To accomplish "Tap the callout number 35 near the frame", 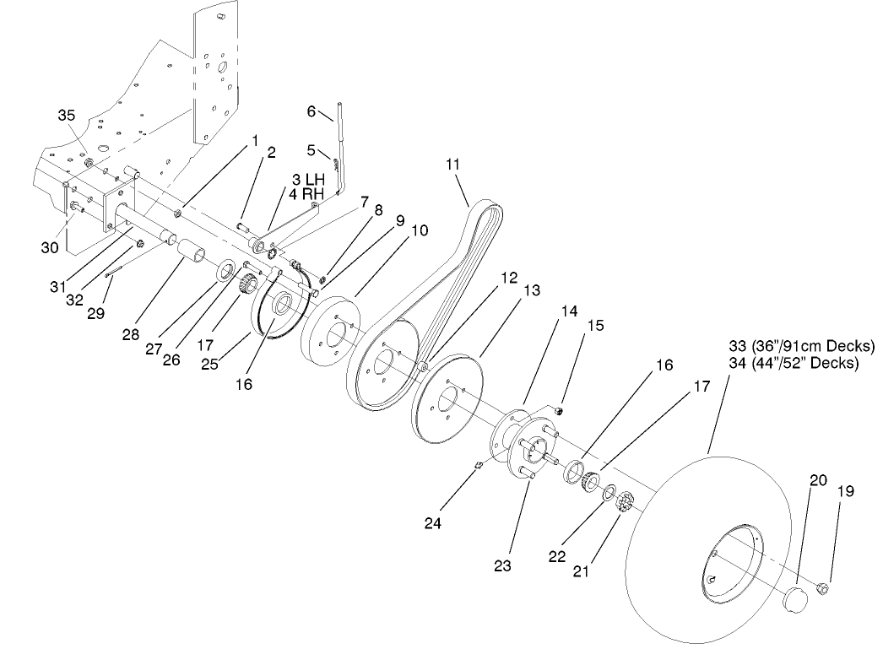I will point(66,116).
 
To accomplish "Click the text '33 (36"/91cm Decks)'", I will point(801,347).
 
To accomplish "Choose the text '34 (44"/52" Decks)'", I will point(793,363).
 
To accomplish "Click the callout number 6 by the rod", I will point(311,111).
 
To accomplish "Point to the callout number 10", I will point(420,230).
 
